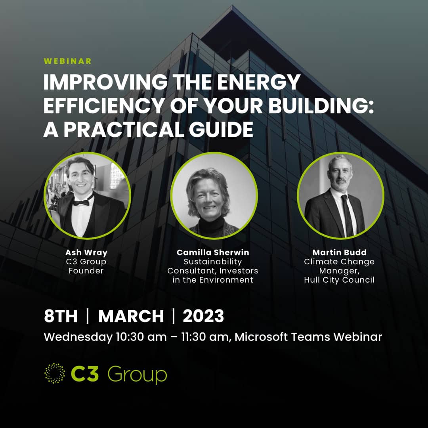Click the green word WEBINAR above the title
[67, 61]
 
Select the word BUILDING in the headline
[318, 105]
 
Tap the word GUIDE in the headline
[221, 129]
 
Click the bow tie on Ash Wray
[81, 202]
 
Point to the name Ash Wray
[86, 252]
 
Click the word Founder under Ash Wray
[86, 271]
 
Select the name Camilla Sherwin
[213, 252]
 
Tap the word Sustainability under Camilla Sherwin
[213, 262]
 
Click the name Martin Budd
[339, 252]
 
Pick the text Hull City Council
[339, 280]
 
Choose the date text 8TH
[61, 316]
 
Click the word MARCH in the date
[131, 316]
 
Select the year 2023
[203, 316]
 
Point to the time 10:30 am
[141, 337]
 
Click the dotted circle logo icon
[55, 373]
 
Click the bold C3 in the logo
[85, 373]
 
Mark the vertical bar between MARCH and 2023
[174, 316]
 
